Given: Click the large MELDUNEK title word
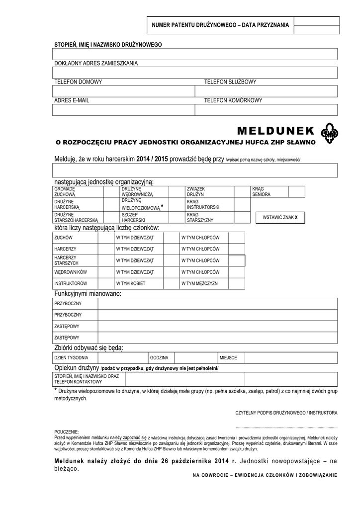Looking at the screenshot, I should tap(275, 131).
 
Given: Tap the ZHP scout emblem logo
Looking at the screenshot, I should tap(328, 133).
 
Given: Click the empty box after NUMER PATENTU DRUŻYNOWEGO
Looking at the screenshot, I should tap(316, 24).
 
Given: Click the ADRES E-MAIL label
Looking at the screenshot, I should tap(72, 100).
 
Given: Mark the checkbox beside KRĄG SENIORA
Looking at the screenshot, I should tap(297, 192).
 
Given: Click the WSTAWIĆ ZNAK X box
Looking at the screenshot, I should tap(280, 217).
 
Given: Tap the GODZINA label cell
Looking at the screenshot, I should tap(159, 357).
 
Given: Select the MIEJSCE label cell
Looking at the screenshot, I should tap(228, 357).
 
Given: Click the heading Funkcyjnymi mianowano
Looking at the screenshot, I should tap(88, 294).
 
